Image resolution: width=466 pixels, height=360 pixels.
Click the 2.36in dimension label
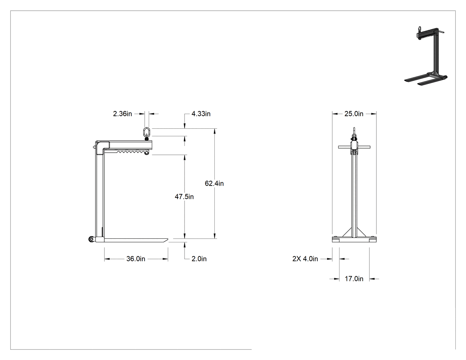pyautogui.click(x=122, y=114)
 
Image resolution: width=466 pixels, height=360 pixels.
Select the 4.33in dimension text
pyautogui.click(x=201, y=114)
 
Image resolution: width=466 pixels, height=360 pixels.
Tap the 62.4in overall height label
pyautogui.click(x=214, y=183)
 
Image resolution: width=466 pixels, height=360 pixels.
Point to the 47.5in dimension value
pyautogui.click(x=184, y=197)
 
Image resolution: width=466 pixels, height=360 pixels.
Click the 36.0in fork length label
pyautogui.click(x=136, y=259)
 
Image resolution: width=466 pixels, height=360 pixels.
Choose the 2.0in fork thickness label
pyautogui.click(x=199, y=259)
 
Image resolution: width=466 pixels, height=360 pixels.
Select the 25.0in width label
pyautogui.click(x=354, y=114)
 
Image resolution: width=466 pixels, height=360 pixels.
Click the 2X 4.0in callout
pyautogui.click(x=305, y=259)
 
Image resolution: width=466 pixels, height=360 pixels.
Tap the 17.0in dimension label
pyautogui.click(x=354, y=279)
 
